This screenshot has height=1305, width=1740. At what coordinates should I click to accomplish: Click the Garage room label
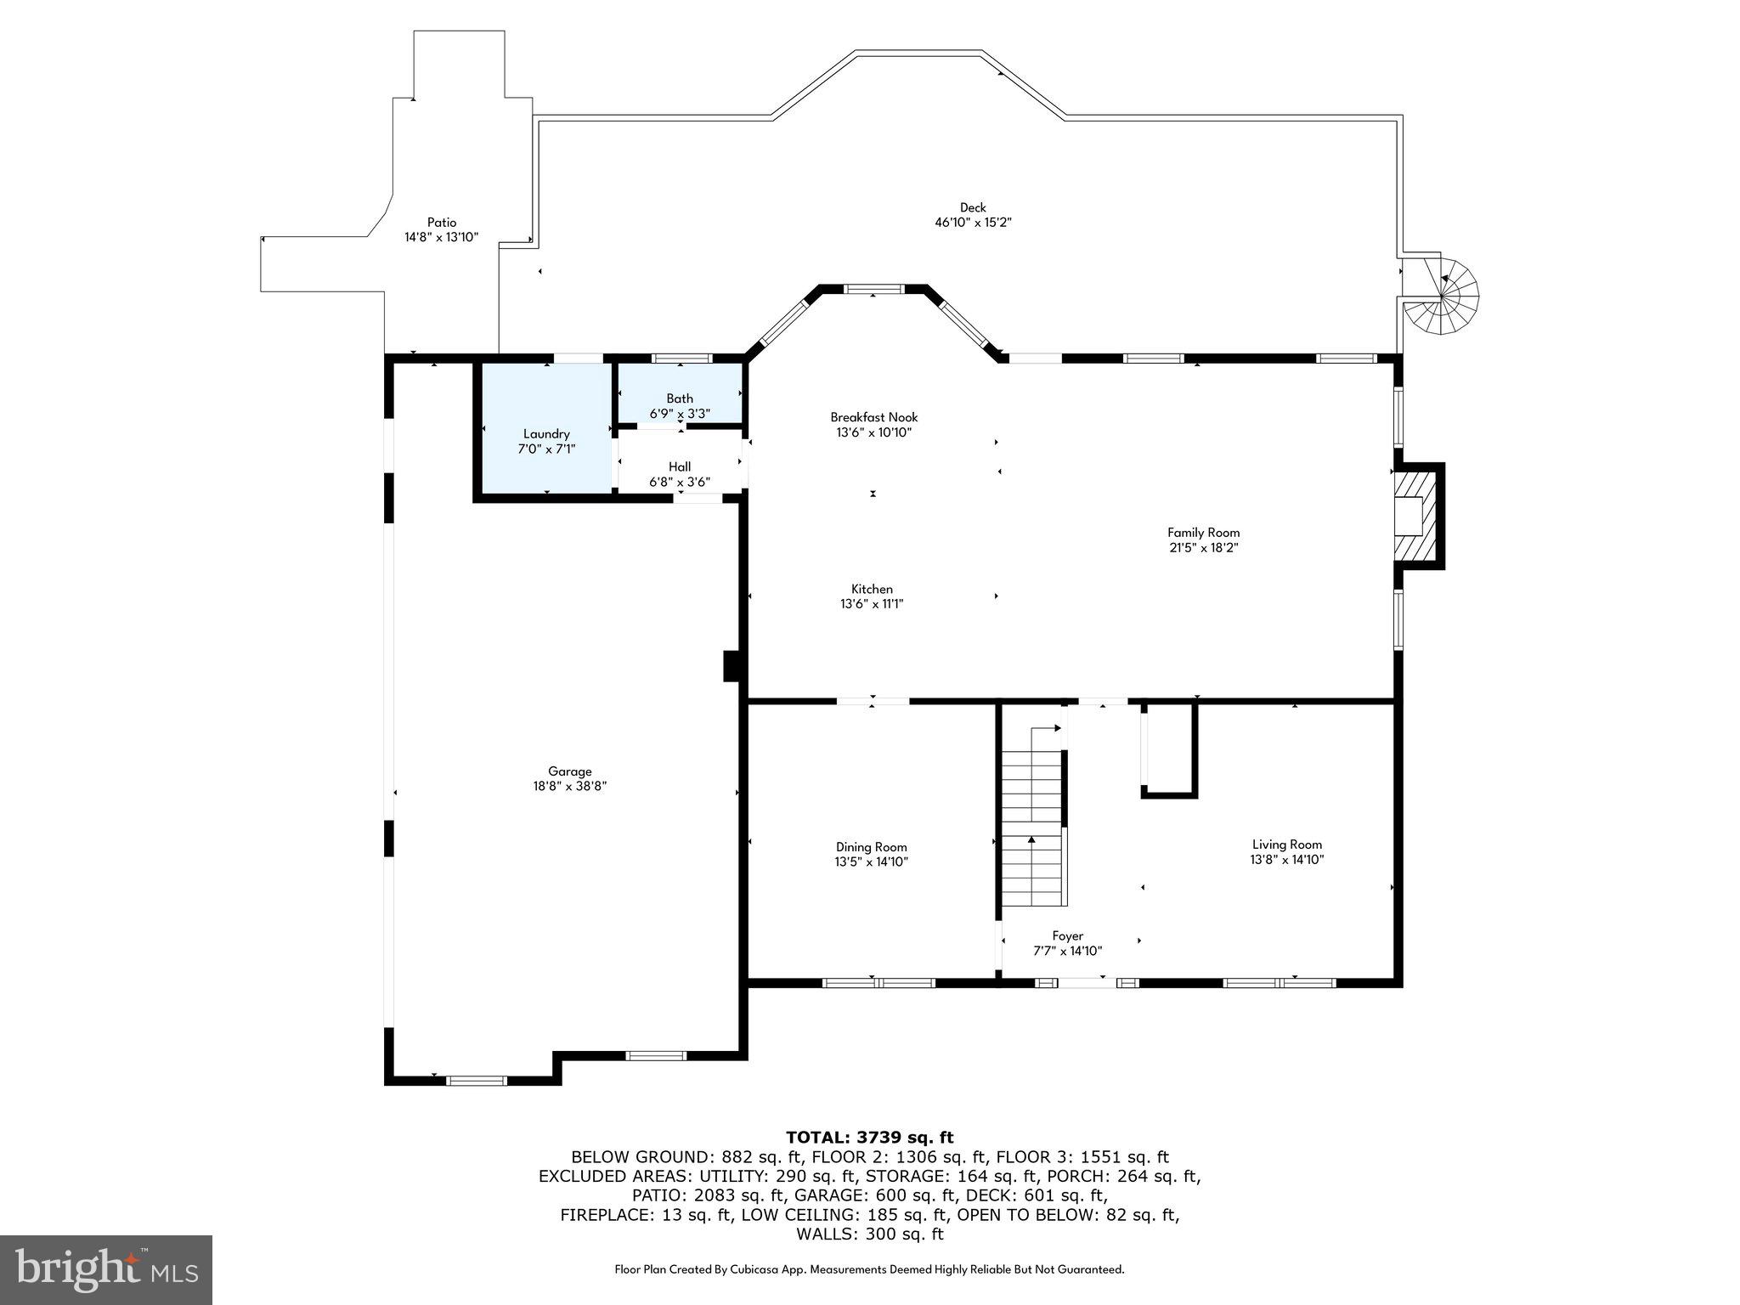coord(569,771)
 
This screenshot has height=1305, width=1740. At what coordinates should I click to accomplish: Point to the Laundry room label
coord(546,433)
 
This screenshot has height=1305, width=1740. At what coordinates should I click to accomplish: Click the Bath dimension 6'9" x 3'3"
coord(680,414)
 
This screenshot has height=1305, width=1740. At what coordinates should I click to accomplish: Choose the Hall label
coord(680,466)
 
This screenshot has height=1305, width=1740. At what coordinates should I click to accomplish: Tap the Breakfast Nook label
coord(873,417)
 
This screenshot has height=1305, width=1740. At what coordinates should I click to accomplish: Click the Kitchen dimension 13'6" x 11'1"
coord(872,604)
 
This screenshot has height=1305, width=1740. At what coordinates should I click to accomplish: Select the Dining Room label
coord(871,847)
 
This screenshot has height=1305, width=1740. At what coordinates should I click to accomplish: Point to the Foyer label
coord(1067,935)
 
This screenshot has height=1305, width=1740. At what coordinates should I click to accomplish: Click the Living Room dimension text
coord(1286,860)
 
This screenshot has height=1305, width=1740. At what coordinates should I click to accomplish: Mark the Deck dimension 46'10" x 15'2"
coord(973,223)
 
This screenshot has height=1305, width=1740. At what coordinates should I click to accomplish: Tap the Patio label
coord(441,223)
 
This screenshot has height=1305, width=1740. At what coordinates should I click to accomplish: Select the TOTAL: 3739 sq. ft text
coord(869,1138)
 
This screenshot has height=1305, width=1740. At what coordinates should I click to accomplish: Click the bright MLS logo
coord(106,1269)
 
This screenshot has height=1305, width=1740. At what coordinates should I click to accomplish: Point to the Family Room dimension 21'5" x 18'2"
coord(1203,548)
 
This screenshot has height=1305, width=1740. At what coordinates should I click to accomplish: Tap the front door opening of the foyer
coord(1087,983)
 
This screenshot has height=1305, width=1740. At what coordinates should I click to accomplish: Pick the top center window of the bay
coord(873,290)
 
